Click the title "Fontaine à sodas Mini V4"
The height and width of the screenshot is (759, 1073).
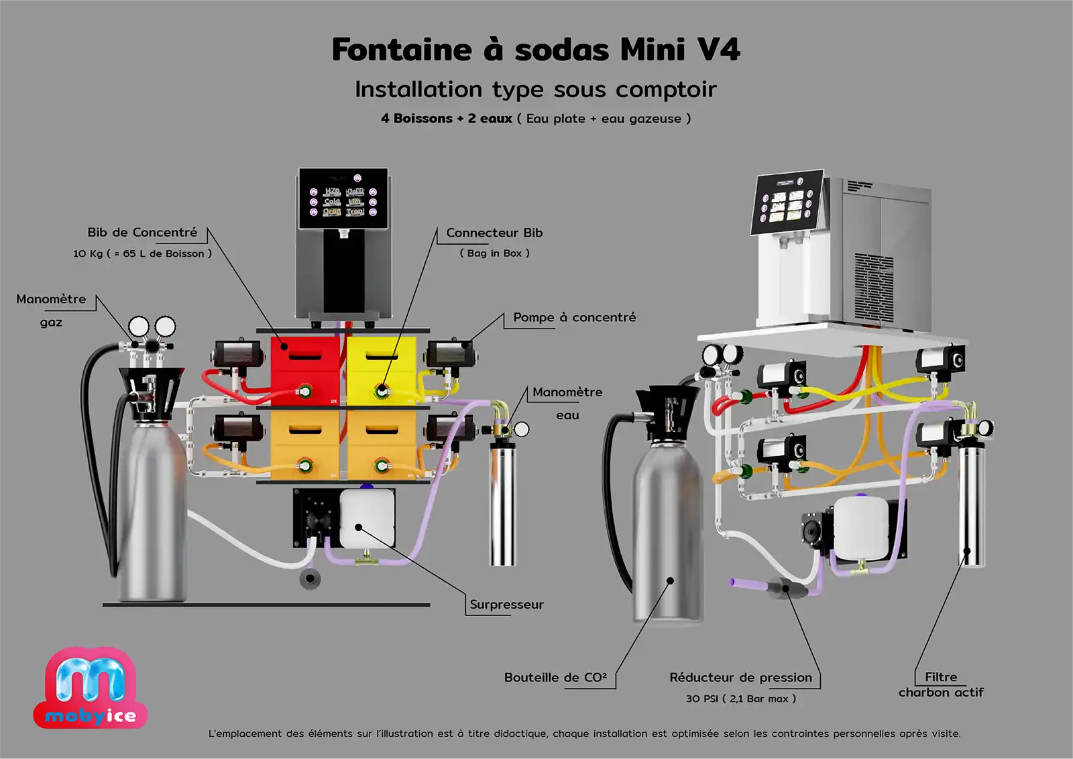point(536,50)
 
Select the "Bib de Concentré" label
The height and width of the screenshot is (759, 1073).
point(142,233)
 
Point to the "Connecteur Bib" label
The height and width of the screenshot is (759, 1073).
point(494,233)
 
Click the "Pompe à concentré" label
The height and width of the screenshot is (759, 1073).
point(574,318)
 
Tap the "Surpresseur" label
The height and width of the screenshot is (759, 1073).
point(506,605)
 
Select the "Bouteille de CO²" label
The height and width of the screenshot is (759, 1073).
point(555,678)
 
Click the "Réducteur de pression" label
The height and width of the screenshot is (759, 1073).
point(740,678)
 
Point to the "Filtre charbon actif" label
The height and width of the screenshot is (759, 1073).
point(941,685)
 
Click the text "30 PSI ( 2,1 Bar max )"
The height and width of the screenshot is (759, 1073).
point(740,699)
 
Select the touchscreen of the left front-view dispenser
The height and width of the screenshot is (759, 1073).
point(343,199)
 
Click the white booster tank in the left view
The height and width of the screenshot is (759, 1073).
point(367,519)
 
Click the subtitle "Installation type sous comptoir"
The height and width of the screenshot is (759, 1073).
point(536,90)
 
